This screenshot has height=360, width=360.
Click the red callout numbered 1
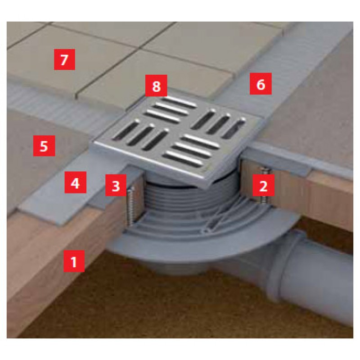click(74, 261)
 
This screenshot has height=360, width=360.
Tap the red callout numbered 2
click(263, 185)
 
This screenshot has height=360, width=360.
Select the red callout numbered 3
click(116, 185)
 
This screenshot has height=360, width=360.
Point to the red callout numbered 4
click(75, 182)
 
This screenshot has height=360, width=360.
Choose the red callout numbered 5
click(44, 146)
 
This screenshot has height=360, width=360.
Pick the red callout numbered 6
click(261, 84)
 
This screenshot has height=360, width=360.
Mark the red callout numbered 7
click(64, 59)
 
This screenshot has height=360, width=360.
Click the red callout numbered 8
click(156, 85)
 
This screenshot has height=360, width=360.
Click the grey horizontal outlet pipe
click(317, 278)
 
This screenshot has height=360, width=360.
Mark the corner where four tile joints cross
click(140, 48)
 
